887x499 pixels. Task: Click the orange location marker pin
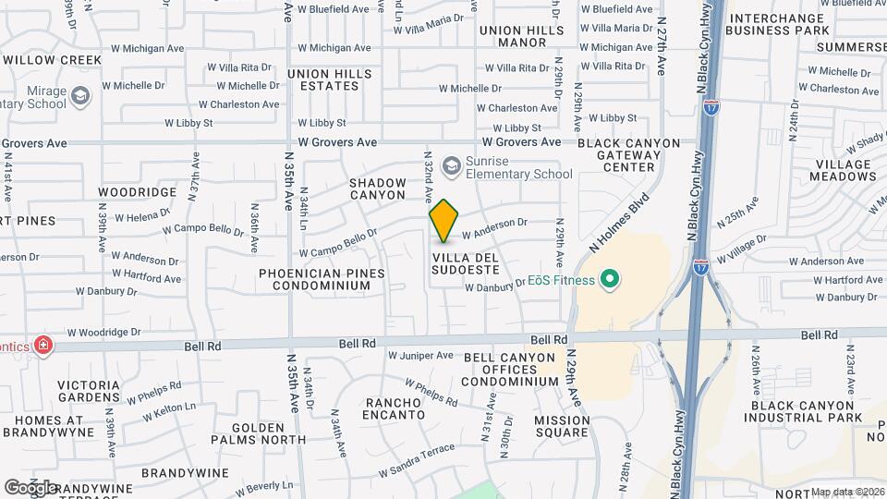tap(444, 220)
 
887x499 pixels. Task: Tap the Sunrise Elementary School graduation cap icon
tap(452, 165)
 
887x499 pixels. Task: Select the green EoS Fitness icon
tap(609, 277)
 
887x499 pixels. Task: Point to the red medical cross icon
tap(43, 346)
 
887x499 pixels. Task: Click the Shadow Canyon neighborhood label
tap(377, 189)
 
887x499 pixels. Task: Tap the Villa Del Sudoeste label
tap(466, 262)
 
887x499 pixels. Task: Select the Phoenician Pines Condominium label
tap(314, 279)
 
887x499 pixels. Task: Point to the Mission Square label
tap(549, 425)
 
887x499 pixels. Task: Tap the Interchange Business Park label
tap(780, 24)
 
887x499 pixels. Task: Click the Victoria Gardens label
tap(89, 392)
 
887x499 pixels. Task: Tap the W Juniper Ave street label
tap(420, 355)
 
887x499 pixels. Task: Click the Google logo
tap(30, 487)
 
